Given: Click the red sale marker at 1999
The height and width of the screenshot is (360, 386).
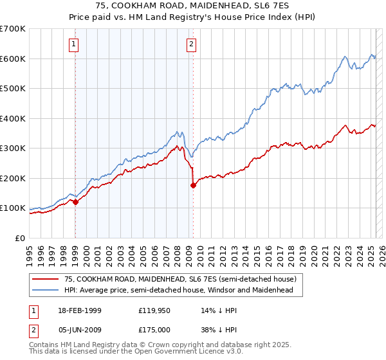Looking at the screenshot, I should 75,202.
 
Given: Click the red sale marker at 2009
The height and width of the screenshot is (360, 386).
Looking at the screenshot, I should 192,186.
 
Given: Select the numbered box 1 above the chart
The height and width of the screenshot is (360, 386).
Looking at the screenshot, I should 75,44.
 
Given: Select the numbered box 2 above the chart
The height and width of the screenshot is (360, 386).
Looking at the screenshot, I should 192,44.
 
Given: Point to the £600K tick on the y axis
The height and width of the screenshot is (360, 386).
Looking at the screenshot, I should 13,59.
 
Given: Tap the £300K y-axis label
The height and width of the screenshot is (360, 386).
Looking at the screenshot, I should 13,148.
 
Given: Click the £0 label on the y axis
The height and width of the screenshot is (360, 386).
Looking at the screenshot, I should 19,238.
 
